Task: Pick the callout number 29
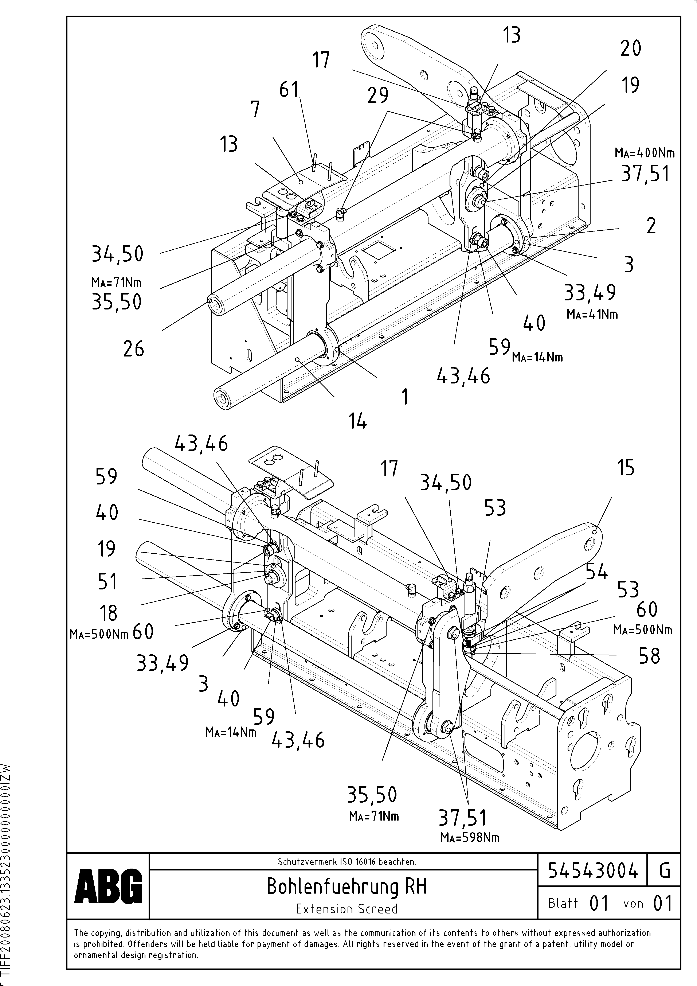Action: [x=378, y=95]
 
